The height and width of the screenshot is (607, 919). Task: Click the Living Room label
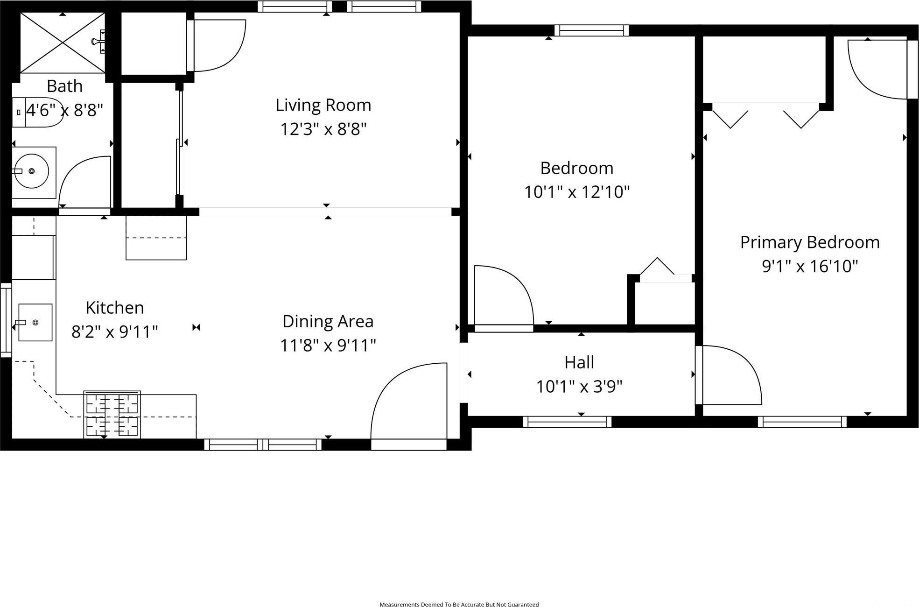pos(323,105)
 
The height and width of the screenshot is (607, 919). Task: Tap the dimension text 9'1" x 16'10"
pos(810,266)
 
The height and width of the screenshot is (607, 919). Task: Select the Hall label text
pos(579,362)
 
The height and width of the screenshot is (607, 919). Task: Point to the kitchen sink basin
pos(35,322)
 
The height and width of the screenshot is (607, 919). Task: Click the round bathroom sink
pos(31,171)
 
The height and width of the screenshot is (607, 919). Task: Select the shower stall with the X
pos(63,43)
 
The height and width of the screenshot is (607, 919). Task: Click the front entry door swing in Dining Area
pos(409,402)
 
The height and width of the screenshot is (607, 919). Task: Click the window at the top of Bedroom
pos(591,31)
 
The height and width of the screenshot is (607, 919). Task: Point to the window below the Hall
pos(567,422)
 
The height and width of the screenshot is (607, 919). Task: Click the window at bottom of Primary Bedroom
pos(802,422)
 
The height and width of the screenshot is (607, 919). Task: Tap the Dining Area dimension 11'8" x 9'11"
pos(328,346)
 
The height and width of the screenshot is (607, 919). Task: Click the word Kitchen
pos(115,308)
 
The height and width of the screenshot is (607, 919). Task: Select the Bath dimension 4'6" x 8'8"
pos(64,111)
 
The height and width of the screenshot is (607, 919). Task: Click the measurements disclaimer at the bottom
pos(459,604)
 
